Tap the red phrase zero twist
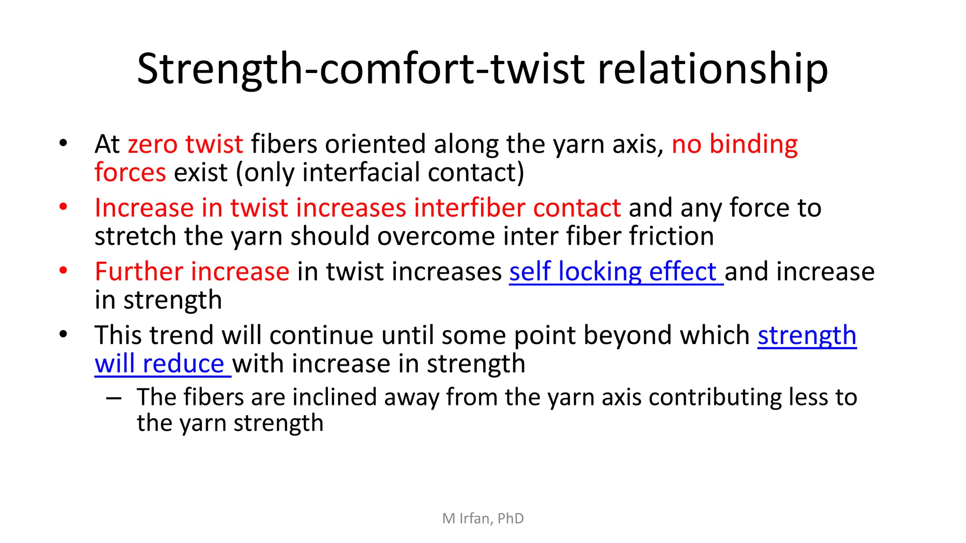tap(185, 144)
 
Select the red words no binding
tap(734, 144)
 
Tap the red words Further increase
tap(192, 272)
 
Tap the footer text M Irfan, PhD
tap(483, 518)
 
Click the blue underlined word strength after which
tap(807, 336)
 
